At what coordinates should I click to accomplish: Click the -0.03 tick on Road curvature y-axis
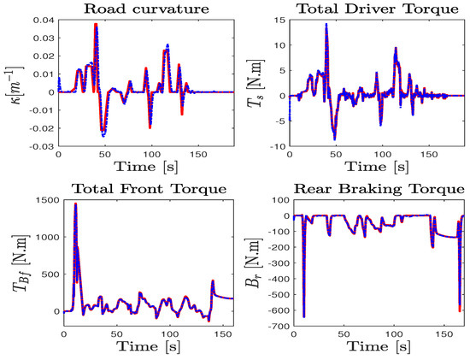pyautogui.click(x=41, y=147)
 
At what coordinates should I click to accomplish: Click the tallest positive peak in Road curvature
pyautogui.click(x=96, y=25)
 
